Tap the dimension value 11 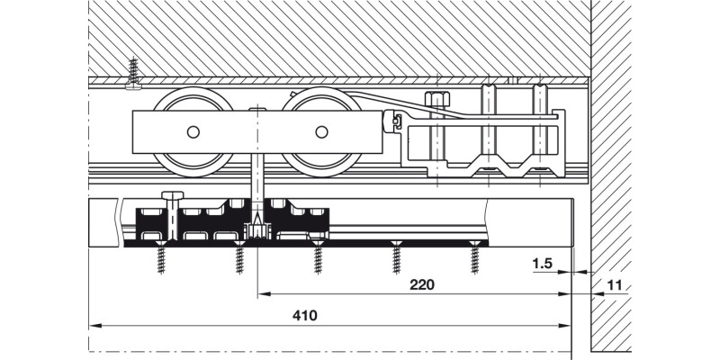click(x=615, y=285)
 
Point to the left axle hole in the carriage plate click(x=193, y=132)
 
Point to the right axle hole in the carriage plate click(x=321, y=132)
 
